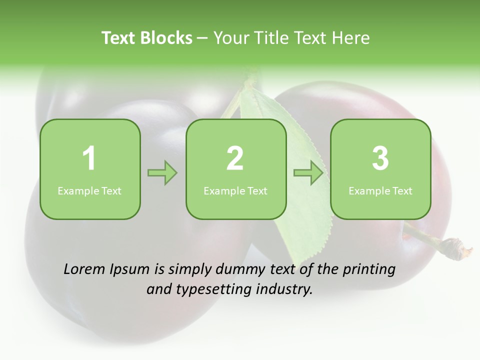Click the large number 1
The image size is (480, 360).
pyautogui.click(x=89, y=158)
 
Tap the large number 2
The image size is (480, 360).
pyautogui.click(x=235, y=158)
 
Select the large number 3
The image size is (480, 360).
pyautogui.click(x=380, y=158)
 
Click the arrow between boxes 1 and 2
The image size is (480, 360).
pyautogui.click(x=163, y=173)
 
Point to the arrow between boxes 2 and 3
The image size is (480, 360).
pyautogui.click(x=308, y=173)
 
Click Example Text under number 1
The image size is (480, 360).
pyautogui.click(x=89, y=190)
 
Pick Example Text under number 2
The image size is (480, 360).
pyautogui.click(x=235, y=190)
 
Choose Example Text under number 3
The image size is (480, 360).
pyautogui.click(x=380, y=190)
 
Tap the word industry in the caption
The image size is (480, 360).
pyautogui.click(x=284, y=289)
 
